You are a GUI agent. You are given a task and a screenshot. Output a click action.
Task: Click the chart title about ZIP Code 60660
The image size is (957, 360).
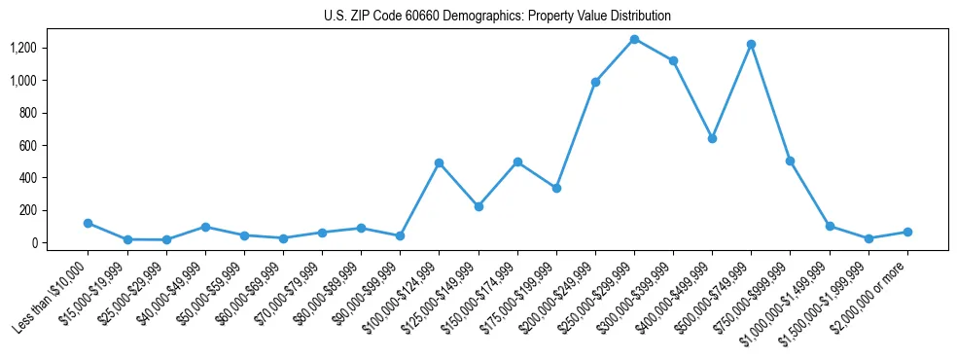(497, 16)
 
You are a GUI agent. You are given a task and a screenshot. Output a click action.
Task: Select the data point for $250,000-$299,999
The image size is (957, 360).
(634, 39)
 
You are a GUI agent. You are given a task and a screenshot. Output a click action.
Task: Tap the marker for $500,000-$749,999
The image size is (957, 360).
(751, 44)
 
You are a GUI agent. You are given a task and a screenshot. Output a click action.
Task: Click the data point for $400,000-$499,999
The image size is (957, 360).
(712, 138)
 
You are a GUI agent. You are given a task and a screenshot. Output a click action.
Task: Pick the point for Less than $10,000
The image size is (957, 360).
(89, 223)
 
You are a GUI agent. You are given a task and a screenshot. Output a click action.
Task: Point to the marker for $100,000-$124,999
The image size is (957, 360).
(439, 162)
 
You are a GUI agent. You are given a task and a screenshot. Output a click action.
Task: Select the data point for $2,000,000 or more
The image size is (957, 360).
(906, 232)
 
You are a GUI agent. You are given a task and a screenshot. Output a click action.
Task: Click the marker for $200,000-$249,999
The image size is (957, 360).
(595, 82)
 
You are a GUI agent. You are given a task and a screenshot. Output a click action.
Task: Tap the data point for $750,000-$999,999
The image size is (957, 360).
(790, 161)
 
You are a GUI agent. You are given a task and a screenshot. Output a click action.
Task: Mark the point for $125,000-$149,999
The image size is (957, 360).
(478, 206)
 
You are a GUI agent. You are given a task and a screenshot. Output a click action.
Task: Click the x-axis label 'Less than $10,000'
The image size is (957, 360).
(54, 298)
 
